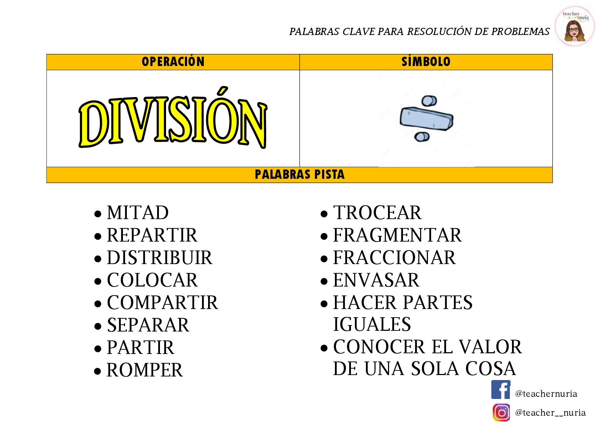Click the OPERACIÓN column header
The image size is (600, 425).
pyautogui.click(x=173, y=62)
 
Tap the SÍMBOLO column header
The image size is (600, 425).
pyautogui.click(x=426, y=62)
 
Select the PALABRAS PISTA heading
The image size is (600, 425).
pyautogui.click(x=299, y=174)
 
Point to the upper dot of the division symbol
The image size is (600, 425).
pyautogui.click(x=429, y=101)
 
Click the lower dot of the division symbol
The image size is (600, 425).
pyautogui.click(x=422, y=137)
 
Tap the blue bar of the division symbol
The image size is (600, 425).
pyautogui.click(x=426, y=119)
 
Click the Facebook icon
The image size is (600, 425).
pyautogui.click(x=501, y=390)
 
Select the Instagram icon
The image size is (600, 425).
pyautogui.click(x=501, y=413)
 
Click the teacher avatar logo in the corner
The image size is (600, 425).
pyautogui.click(x=575, y=26)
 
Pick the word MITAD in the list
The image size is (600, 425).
pyautogui.click(x=138, y=213)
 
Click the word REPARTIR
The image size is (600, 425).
pyautogui.click(x=152, y=235)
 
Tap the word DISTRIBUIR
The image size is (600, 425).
pyautogui.click(x=160, y=258)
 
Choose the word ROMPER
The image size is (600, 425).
pyautogui.click(x=145, y=370)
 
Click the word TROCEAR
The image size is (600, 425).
pyautogui.click(x=377, y=213)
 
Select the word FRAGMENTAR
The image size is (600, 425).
pyautogui.click(x=397, y=235)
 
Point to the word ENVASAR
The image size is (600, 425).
pyautogui.click(x=376, y=280)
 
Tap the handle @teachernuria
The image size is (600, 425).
pyautogui.click(x=546, y=394)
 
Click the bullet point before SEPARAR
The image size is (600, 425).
pyautogui.click(x=98, y=326)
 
